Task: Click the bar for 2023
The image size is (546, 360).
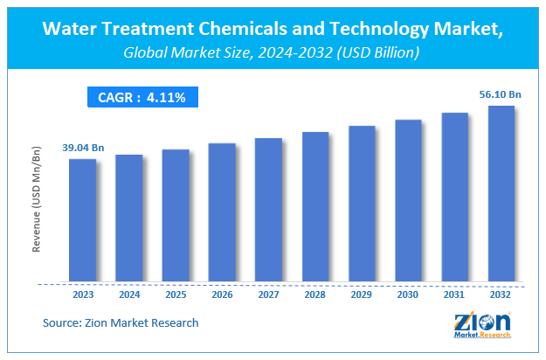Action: point(83,220)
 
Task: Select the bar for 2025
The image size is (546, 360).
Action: point(176,216)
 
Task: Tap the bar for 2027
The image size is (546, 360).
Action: point(268,211)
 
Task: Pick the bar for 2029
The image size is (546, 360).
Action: point(362,204)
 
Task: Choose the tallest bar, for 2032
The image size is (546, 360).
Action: point(501,194)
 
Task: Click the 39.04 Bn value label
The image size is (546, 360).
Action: point(82,149)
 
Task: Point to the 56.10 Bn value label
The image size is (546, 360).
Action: point(501,95)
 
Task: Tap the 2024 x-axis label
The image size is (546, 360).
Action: point(129,294)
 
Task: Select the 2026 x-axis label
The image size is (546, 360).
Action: point(222,294)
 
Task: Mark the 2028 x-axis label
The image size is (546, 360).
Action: point(315,294)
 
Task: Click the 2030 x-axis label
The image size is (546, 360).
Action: point(408,294)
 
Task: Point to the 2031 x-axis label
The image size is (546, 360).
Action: point(454,294)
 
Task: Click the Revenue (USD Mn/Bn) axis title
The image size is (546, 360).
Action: point(38,200)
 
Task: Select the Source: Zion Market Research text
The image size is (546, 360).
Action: point(121,323)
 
